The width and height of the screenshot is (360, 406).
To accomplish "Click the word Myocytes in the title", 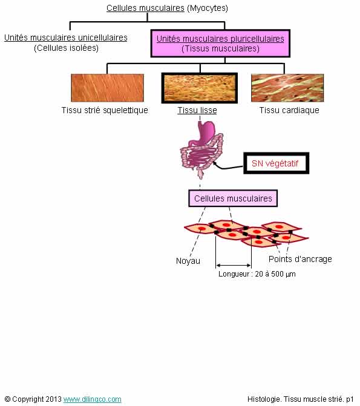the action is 207,8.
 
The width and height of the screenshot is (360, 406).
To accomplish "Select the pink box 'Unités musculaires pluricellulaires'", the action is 220,44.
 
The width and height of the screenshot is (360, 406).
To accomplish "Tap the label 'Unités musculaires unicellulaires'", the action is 66,38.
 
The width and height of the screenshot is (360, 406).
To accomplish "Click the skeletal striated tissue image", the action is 107,88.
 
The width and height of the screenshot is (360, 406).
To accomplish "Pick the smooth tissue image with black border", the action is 200,88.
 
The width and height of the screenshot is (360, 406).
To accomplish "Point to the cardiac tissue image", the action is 287,88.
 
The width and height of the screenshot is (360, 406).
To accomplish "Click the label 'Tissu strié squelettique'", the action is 105,110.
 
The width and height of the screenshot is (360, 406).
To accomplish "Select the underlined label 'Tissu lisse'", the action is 197,110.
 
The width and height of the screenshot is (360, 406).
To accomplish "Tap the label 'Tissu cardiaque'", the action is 289,110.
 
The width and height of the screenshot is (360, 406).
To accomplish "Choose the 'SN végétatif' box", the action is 276,163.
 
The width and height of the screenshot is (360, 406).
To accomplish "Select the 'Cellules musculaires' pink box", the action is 233,198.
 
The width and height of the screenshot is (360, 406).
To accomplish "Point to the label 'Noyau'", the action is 188,261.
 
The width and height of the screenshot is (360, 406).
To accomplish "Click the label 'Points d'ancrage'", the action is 300,259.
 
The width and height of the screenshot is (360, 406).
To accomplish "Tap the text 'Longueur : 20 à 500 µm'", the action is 257,274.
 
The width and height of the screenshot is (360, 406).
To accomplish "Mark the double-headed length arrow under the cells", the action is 234,266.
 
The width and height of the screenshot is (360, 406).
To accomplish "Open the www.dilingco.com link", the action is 92,399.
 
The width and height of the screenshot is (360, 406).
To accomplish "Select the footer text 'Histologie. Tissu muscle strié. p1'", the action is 301,399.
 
